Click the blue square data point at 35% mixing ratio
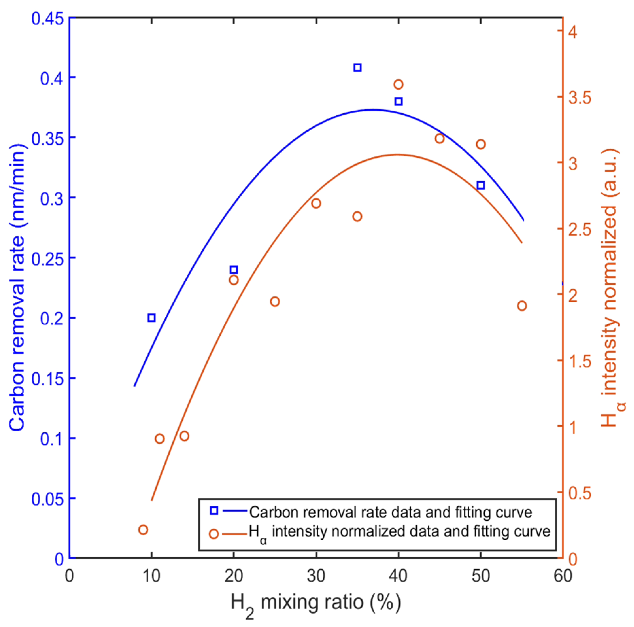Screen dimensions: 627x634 tap(357, 68)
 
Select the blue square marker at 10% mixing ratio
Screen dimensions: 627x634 tap(151, 318)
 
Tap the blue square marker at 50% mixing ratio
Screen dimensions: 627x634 tap(481, 185)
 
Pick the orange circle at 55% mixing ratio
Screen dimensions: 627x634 tap(522, 306)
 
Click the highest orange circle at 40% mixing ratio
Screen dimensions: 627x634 tap(398, 84)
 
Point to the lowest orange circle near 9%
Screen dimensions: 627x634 tap(143, 529)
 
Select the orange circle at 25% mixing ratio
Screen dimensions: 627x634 tap(275, 301)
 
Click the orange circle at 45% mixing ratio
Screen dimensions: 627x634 tap(440, 139)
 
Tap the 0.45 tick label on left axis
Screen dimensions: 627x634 tap(47, 18)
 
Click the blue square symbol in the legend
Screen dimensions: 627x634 tap(214, 510)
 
